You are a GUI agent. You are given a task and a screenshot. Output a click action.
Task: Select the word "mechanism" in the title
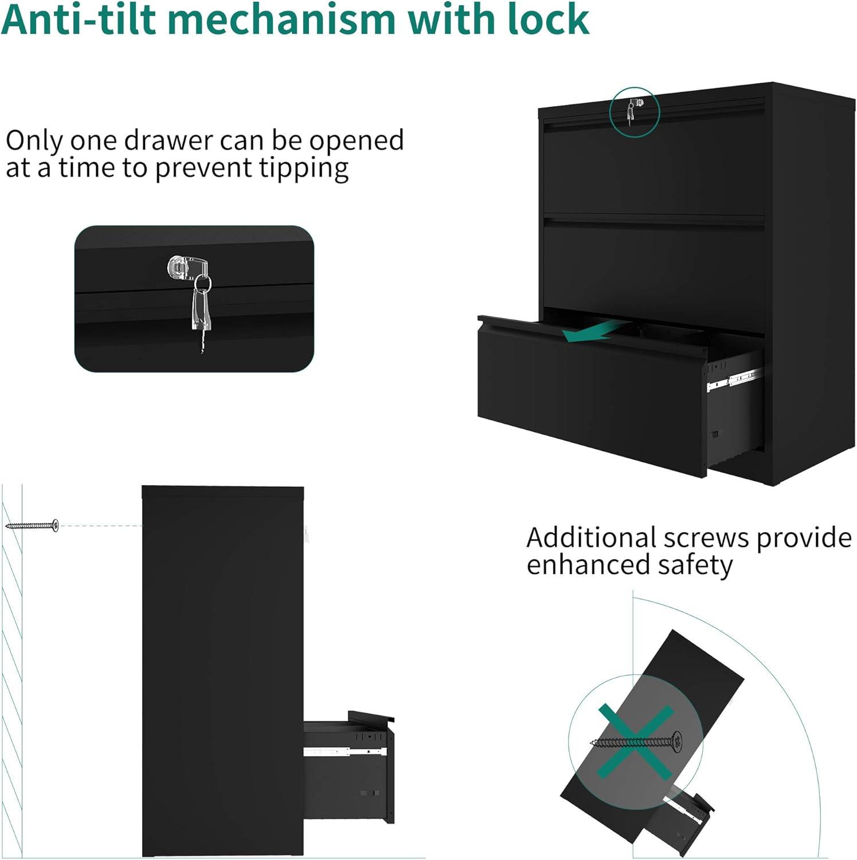click(281, 19)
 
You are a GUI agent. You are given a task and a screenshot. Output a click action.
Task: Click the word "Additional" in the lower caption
click(590, 538)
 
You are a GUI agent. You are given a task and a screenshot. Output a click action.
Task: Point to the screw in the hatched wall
click(32, 525)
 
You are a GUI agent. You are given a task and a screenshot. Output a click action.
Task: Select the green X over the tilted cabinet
click(635, 742)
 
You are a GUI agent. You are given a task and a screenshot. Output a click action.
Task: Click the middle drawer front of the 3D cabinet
click(653, 272)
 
